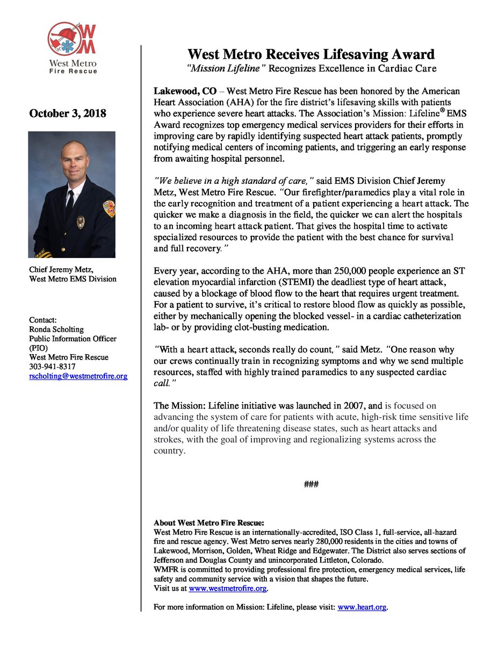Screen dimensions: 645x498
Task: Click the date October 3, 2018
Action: [x=68, y=114]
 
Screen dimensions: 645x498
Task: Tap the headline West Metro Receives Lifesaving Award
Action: [x=311, y=54]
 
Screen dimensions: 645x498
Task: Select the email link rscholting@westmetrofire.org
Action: [x=78, y=376]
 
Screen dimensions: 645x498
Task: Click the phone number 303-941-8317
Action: [x=52, y=367]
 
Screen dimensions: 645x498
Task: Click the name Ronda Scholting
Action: [x=56, y=329]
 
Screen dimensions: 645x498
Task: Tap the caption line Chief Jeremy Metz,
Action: [x=61, y=270]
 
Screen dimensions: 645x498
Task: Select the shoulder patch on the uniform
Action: [x=109, y=209]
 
